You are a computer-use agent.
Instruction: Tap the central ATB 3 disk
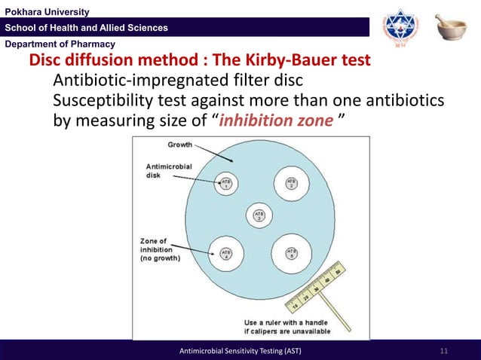(259, 216)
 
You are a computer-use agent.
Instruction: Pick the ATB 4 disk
(226, 252)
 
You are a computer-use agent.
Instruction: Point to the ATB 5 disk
(291, 252)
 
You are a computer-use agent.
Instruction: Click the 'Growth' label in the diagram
(179, 145)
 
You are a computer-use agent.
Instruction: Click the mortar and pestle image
(451, 26)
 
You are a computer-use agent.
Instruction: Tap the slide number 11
(443, 352)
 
